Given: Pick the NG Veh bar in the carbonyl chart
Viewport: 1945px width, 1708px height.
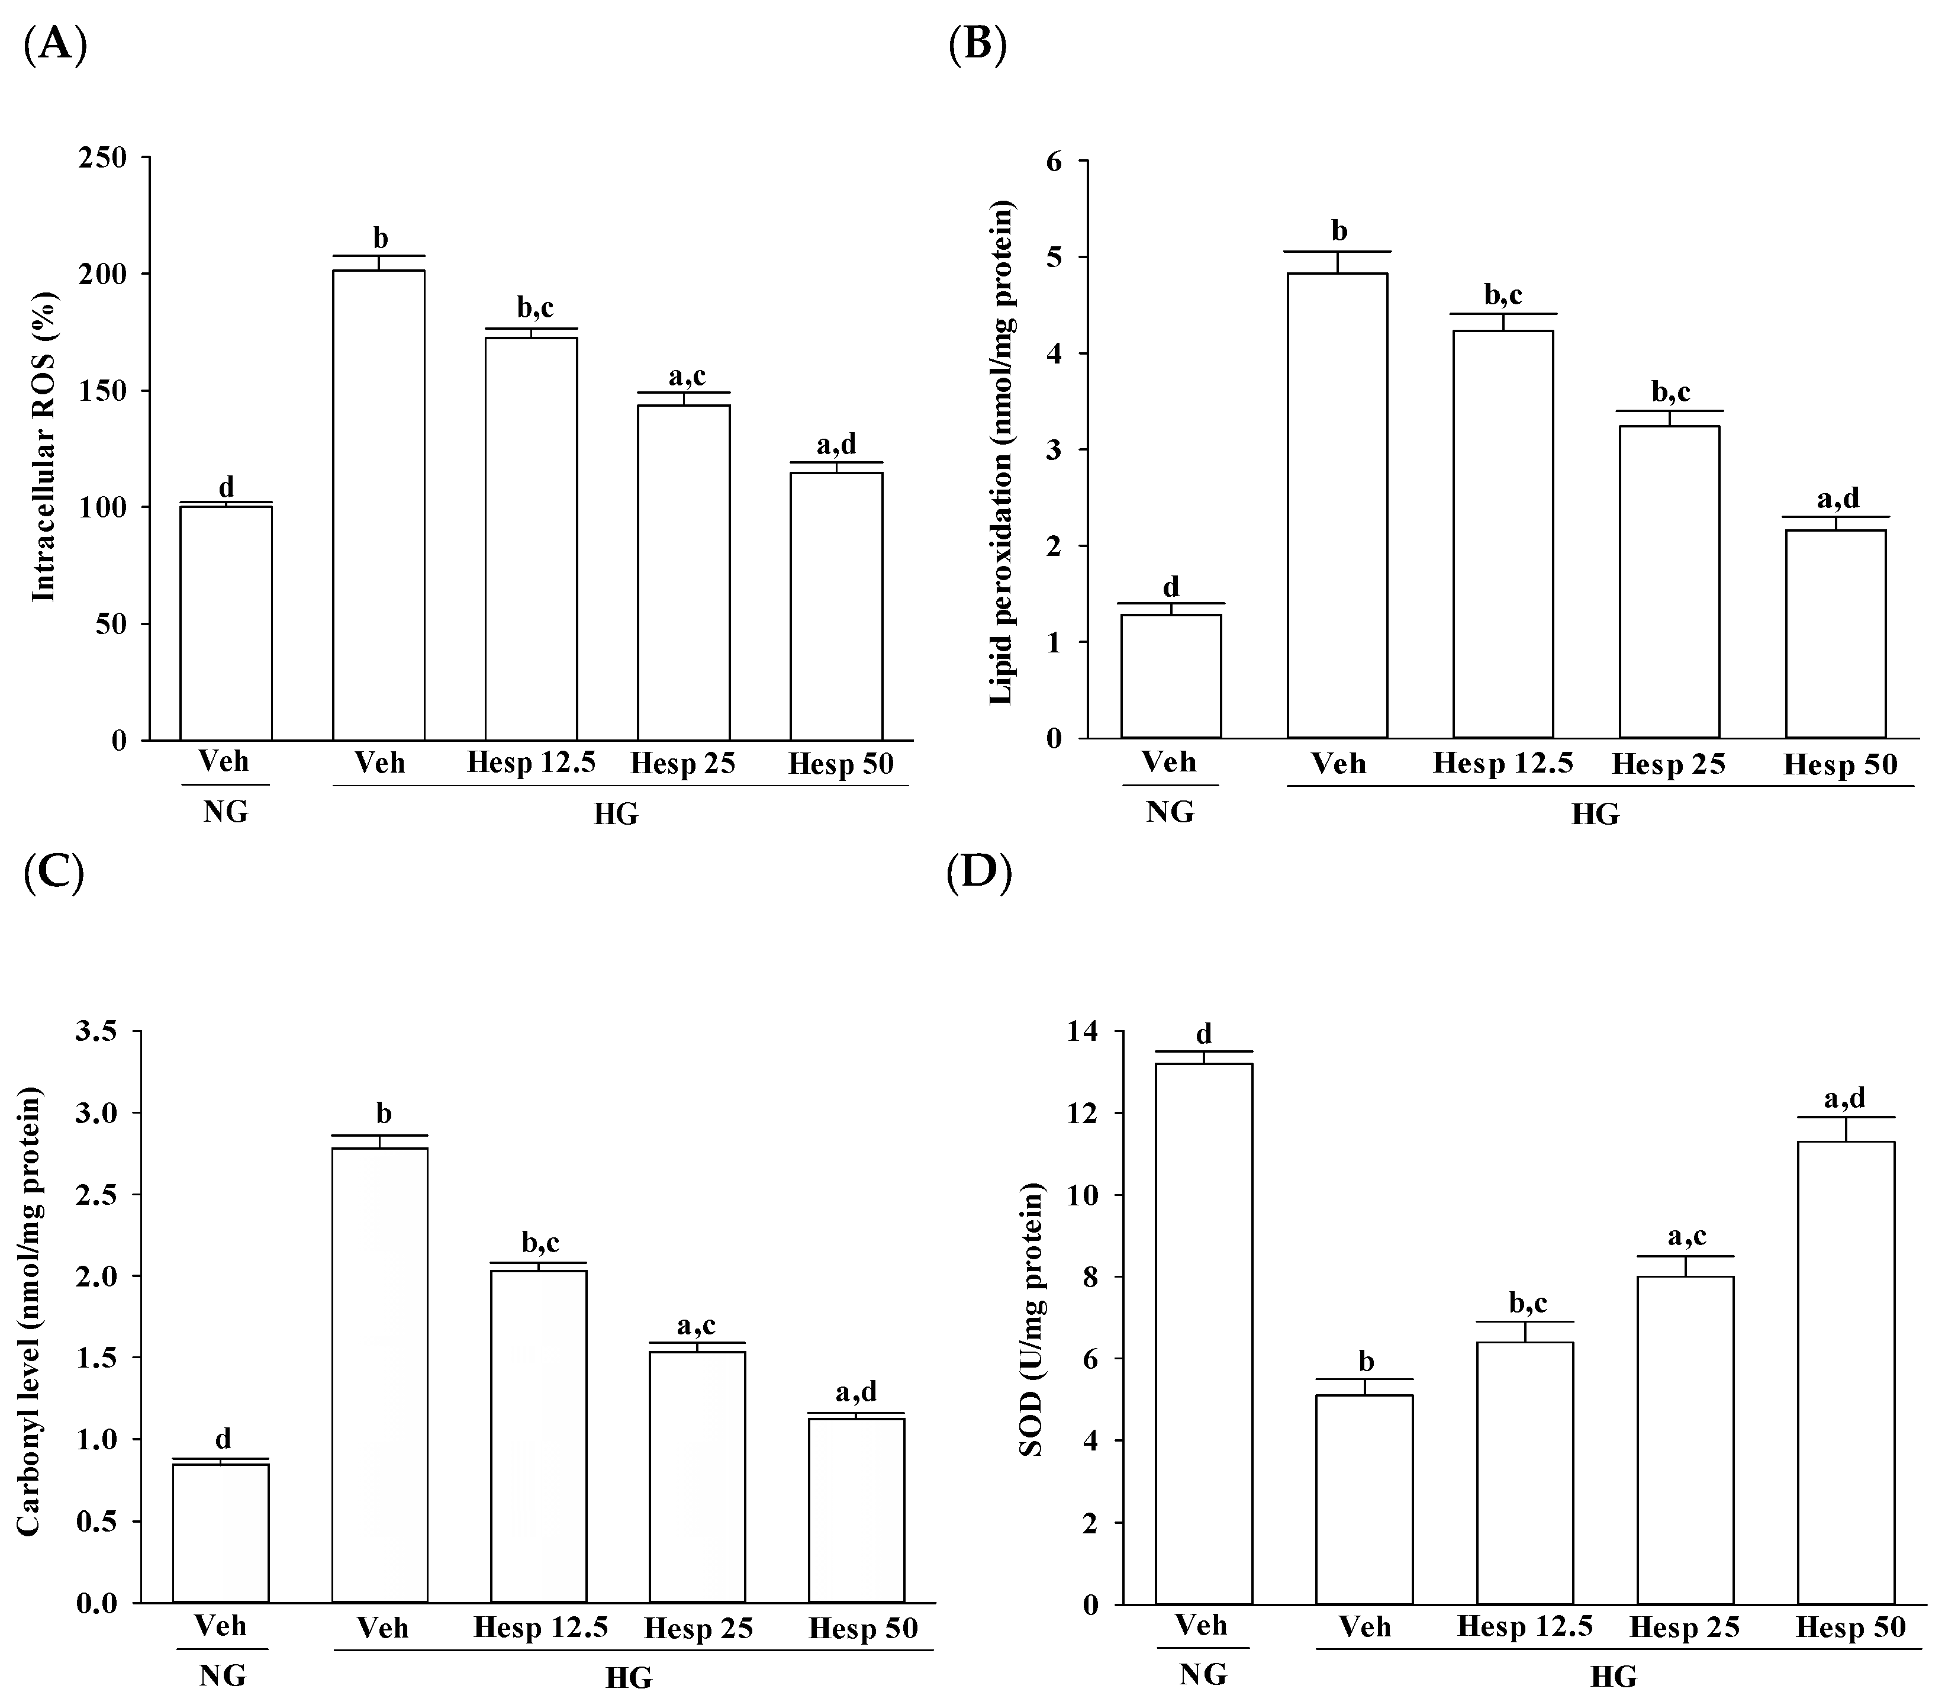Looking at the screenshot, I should pyautogui.click(x=221, y=1533).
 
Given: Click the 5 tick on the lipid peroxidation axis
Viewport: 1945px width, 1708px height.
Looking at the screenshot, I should pyautogui.click(x=1054, y=258).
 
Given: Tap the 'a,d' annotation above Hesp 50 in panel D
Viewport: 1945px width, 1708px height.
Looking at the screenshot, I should pyautogui.click(x=1844, y=1099).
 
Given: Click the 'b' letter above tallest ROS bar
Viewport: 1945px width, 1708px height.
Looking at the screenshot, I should pyautogui.click(x=379, y=238).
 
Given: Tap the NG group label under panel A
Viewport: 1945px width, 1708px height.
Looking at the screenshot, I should pyautogui.click(x=226, y=812).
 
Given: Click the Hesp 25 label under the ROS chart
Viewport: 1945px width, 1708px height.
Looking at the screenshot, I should pyautogui.click(x=683, y=763).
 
